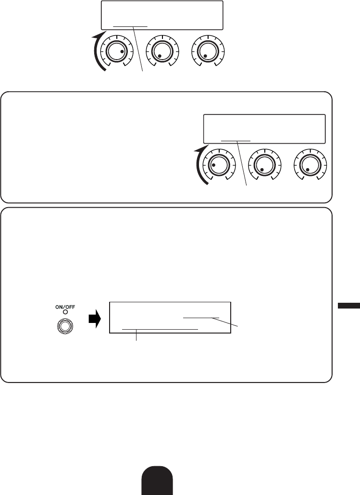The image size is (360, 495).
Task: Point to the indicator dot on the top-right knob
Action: pos(205,56)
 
